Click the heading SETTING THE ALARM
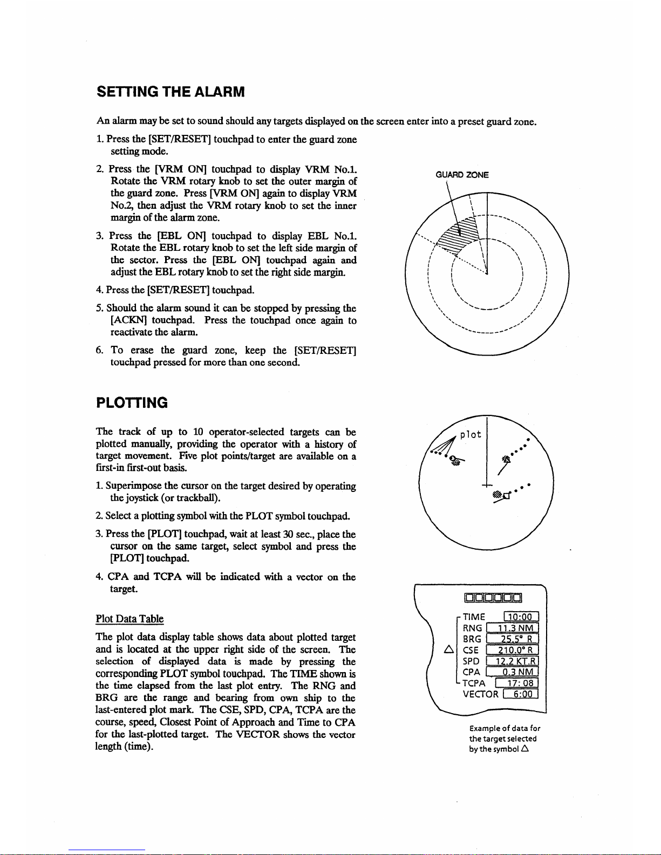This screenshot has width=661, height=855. click(x=171, y=92)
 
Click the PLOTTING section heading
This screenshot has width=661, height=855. click(x=132, y=402)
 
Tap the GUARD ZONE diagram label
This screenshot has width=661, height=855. click(x=462, y=175)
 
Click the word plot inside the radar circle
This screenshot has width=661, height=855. click(x=471, y=434)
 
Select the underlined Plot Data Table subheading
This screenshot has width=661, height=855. click(x=130, y=619)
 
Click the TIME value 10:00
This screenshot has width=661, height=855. click(x=521, y=617)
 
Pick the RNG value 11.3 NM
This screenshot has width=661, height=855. click(x=512, y=627)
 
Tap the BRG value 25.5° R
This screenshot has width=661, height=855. click(x=512, y=639)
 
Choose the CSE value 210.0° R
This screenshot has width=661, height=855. click(x=512, y=649)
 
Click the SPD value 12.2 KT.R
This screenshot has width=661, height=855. click(x=512, y=661)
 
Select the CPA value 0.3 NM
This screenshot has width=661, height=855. click(x=512, y=672)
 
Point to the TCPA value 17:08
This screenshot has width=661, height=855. click(x=516, y=683)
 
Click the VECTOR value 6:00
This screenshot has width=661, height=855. click(x=521, y=694)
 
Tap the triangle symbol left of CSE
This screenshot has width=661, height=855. click(x=448, y=649)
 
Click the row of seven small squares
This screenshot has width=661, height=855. click(x=493, y=598)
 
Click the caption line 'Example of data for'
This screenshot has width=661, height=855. click(x=505, y=728)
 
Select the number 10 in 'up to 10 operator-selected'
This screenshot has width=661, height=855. click(x=198, y=432)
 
